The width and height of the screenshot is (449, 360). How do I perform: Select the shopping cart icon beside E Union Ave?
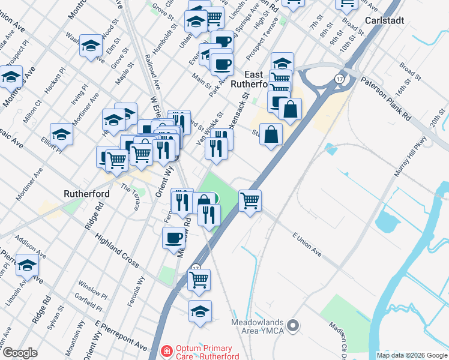click(250, 200)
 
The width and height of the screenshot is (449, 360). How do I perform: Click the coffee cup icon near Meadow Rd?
click(173, 238)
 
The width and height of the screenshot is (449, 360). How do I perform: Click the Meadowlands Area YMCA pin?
click(293, 326)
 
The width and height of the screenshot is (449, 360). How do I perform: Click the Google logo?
click(20, 353)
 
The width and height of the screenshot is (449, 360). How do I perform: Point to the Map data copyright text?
click(412, 355)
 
